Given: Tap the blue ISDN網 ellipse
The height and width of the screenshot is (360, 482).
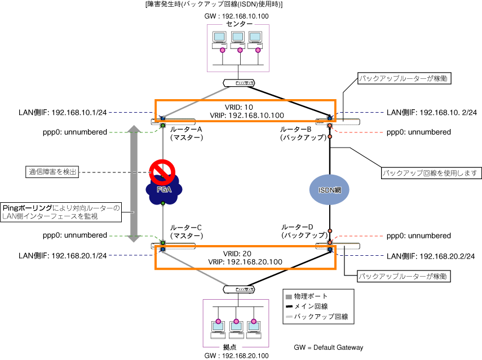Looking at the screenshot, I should (329, 190).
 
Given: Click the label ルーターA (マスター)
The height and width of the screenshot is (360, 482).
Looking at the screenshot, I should (186, 134).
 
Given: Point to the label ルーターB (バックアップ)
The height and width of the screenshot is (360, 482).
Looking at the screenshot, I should (303, 134).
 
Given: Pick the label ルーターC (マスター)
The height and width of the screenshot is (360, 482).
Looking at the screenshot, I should (186, 231).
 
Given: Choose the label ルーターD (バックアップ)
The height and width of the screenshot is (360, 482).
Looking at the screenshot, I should (303, 231).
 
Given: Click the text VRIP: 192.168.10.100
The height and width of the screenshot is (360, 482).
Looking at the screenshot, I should (245, 115).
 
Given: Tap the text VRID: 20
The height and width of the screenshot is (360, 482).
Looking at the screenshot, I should (245, 254).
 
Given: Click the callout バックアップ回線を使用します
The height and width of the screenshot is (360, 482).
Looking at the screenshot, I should (431, 172).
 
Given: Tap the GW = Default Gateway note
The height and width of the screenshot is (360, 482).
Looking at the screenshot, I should (329, 347).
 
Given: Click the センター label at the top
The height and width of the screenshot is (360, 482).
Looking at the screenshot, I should (239, 24).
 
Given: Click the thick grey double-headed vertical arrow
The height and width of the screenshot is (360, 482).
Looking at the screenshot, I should (134, 184).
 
